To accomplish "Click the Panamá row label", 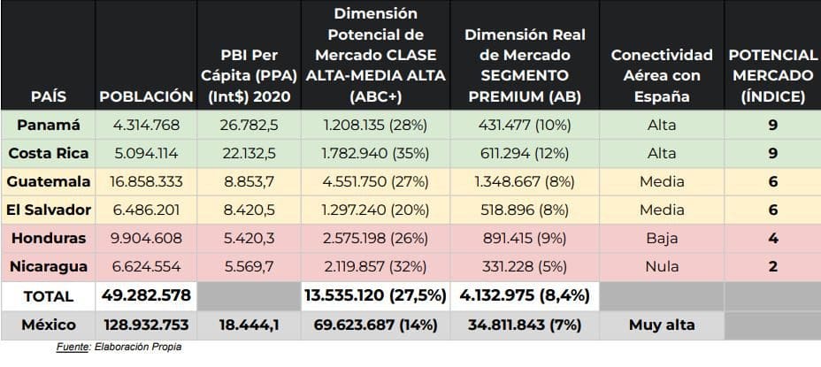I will pyautogui.click(x=48, y=125).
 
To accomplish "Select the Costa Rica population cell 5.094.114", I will pyautogui.click(x=146, y=153).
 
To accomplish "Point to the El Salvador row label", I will pyautogui.click(x=48, y=210).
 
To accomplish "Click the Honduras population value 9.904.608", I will pyautogui.click(x=146, y=238).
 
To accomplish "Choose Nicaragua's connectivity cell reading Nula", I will pyautogui.click(x=661, y=266).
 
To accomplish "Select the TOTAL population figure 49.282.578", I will pyautogui.click(x=146, y=295).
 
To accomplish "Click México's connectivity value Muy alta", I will pyautogui.click(x=661, y=325).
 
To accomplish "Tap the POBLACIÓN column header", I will pyautogui.click(x=146, y=96).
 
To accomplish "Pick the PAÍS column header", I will pyautogui.click(x=48, y=96).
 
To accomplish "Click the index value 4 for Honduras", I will pyautogui.click(x=772, y=238).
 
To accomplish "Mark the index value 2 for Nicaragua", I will pyautogui.click(x=772, y=266).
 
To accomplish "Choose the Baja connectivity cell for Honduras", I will pyautogui.click(x=661, y=238).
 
